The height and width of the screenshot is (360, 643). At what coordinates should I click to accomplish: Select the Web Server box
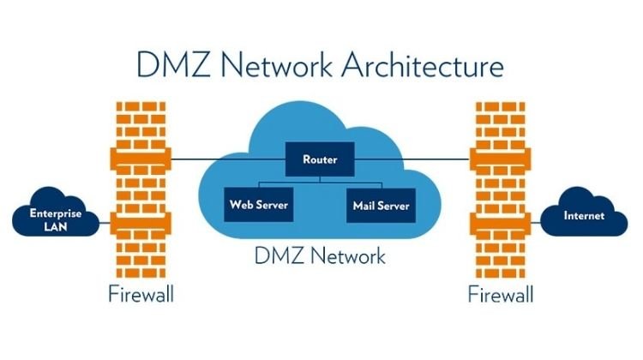pyautogui.click(x=258, y=206)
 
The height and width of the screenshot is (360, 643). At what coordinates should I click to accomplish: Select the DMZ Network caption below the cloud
pyautogui.click(x=321, y=255)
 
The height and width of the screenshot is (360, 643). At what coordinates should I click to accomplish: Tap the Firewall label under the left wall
pyautogui.click(x=141, y=296)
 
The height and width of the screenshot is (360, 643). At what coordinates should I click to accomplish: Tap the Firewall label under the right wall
pyautogui.click(x=501, y=296)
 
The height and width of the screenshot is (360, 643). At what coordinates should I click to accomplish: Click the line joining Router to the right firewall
pyautogui.click(x=412, y=159)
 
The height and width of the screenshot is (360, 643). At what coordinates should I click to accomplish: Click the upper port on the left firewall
pyautogui.click(x=141, y=159)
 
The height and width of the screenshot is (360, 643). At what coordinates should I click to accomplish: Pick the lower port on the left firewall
pyautogui.click(x=141, y=225)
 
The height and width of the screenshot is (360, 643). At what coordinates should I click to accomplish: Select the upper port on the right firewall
pyautogui.click(x=501, y=159)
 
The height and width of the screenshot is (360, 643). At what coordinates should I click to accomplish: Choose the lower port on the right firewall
pyautogui.click(x=501, y=225)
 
